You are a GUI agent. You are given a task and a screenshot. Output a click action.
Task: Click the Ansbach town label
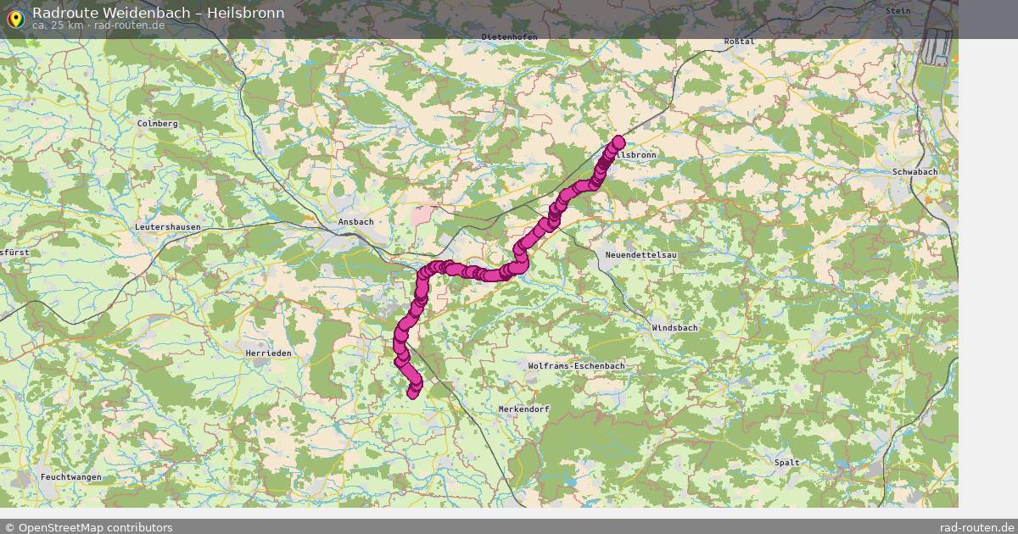(355, 222)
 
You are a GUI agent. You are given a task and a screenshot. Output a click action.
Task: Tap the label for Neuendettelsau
(640, 255)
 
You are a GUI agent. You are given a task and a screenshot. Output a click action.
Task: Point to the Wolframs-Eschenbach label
(576, 366)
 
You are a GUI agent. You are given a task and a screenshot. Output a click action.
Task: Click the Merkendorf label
(523, 409)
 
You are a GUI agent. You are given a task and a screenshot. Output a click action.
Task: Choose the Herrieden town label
(268, 353)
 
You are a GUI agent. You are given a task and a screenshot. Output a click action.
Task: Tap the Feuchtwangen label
(71, 477)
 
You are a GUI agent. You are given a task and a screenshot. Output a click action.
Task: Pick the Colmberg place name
(158, 124)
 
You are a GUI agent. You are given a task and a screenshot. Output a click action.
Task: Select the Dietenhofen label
(509, 37)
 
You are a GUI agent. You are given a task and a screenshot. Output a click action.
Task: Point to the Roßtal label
(739, 42)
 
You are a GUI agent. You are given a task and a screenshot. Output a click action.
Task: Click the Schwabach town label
(915, 172)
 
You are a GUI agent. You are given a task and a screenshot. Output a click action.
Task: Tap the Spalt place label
(786, 463)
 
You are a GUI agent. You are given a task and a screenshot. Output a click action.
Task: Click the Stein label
(898, 11)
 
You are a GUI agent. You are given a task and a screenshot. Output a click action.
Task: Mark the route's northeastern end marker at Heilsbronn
(618, 142)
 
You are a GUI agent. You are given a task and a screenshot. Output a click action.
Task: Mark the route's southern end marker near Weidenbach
(413, 392)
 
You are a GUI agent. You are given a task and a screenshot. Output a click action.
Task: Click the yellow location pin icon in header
(15, 18)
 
